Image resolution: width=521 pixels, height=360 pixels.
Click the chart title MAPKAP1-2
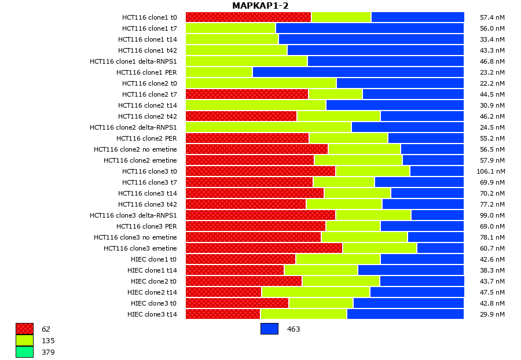260,6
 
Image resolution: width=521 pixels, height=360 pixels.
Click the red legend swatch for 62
24,329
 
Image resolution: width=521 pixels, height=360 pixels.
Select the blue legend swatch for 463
269,329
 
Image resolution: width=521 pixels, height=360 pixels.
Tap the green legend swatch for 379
24,352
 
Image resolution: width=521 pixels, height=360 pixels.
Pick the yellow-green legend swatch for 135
24,340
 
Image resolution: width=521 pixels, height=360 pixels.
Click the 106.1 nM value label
491,171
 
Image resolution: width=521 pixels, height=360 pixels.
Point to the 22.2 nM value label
491,83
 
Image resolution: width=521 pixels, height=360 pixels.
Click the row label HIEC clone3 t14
152,314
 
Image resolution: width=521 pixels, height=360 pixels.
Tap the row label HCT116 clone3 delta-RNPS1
133,215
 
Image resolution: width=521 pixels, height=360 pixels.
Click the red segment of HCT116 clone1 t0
248,17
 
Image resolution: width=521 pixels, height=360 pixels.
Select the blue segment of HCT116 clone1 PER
358,72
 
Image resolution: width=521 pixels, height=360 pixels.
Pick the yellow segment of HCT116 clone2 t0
261,83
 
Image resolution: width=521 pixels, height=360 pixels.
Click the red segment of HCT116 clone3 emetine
264,248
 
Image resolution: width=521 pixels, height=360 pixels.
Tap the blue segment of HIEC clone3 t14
405,314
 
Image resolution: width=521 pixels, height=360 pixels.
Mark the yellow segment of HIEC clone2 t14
315,292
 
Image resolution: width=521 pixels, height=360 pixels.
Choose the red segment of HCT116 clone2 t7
247,94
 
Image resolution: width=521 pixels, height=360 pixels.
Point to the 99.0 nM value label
491,215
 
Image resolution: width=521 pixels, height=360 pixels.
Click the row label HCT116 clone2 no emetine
135,149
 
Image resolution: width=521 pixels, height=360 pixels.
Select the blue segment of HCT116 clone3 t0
437,171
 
